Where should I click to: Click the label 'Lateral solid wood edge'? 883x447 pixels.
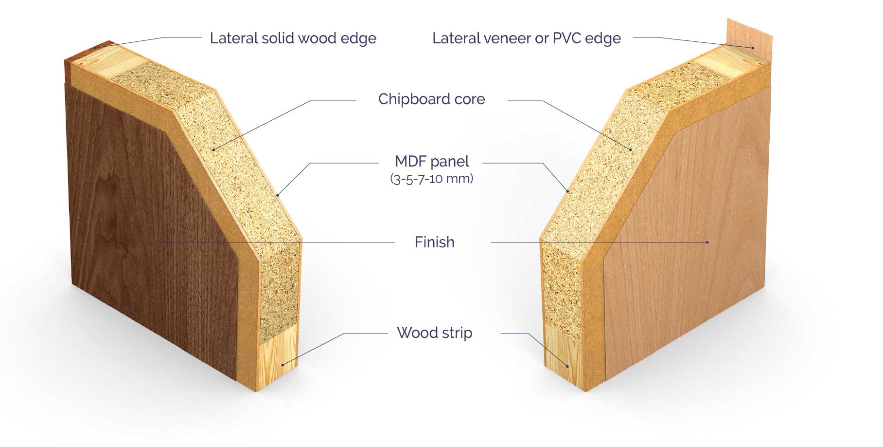[293, 38]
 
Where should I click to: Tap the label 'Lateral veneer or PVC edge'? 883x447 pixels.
[527, 38]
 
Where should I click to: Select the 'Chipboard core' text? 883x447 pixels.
[432, 99]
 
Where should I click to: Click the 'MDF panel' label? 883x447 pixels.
[432, 161]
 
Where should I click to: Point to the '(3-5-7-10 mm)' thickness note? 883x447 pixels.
[432, 179]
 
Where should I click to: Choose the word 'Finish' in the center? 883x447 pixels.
[434, 242]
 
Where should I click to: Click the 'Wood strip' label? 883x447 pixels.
[434, 333]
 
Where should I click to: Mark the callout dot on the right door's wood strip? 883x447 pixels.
[567, 366]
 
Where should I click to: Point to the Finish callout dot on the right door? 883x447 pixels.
[707, 242]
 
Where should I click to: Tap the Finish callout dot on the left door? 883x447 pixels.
[159, 242]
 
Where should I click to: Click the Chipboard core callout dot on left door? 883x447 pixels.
[213, 149]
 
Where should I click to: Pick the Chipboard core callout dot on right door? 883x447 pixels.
[631, 149]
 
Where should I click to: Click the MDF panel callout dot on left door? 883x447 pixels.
[278, 195]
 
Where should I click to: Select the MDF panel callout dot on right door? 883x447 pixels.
[567, 191]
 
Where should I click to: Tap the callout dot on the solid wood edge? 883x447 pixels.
[95, 48]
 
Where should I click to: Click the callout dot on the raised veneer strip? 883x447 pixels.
[753, 48]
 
